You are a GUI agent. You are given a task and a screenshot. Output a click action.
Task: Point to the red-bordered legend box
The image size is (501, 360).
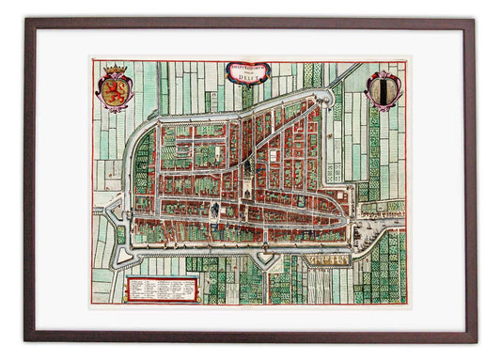[x=157, y=288]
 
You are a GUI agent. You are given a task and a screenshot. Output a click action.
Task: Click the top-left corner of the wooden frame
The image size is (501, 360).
[x=27, y=22]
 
